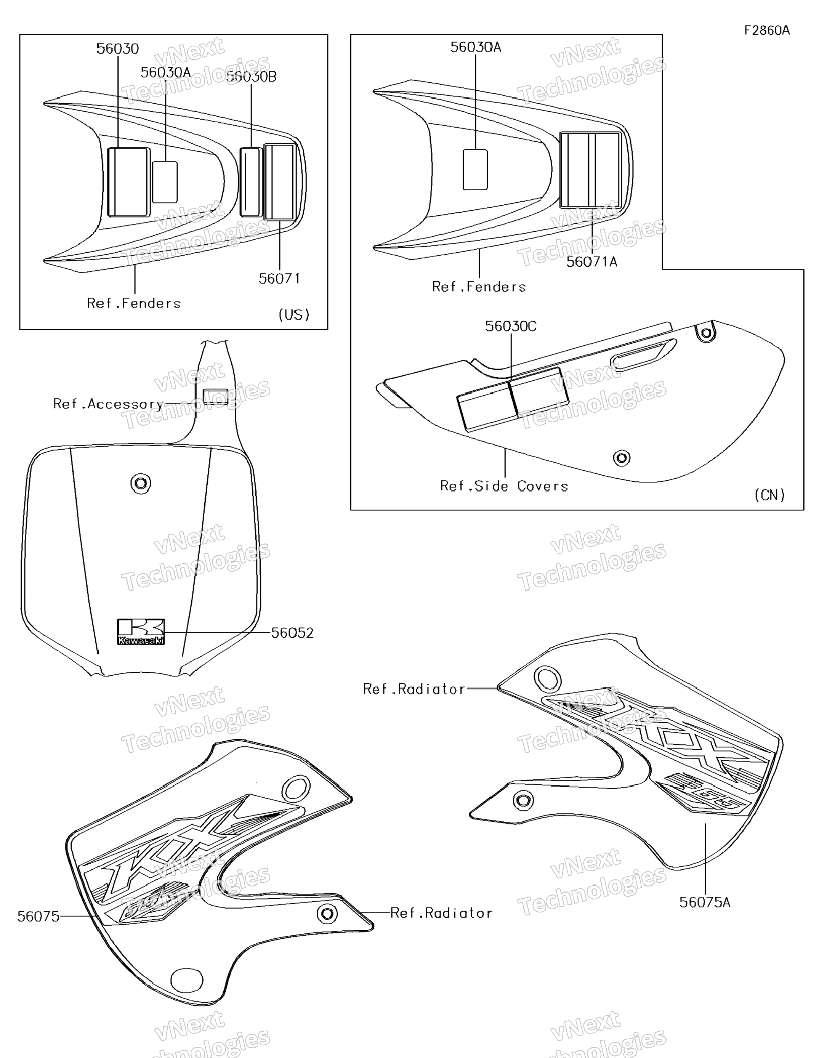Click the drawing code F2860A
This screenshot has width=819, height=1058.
(x=767, y=30)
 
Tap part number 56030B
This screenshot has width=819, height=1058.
(x=252, y=77)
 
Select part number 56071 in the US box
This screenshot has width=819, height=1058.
(x=279, y=279)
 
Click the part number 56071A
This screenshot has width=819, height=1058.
(x=592, y=261)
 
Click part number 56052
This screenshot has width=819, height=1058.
(x=292, y=633)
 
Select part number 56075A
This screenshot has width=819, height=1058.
(x=705, y=902)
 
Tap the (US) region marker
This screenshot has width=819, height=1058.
(x=294, y=315)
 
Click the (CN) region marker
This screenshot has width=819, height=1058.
(x=769, y=495)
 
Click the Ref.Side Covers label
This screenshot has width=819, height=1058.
(x=504, y=486)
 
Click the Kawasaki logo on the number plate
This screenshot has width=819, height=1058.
(x=141, y=632)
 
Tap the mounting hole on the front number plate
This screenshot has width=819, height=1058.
(x=141, y=483)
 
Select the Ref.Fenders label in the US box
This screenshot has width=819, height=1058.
(x=134, y=303)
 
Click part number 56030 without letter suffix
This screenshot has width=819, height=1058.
(x=117, y=48)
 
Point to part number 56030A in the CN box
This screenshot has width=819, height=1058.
(x=476, y=47)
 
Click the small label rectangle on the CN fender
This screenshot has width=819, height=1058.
(x=475, y=170)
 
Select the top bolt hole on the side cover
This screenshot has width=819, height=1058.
(x=707, y=333)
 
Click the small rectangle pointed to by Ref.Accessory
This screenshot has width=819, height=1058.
(x=216, y=396)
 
